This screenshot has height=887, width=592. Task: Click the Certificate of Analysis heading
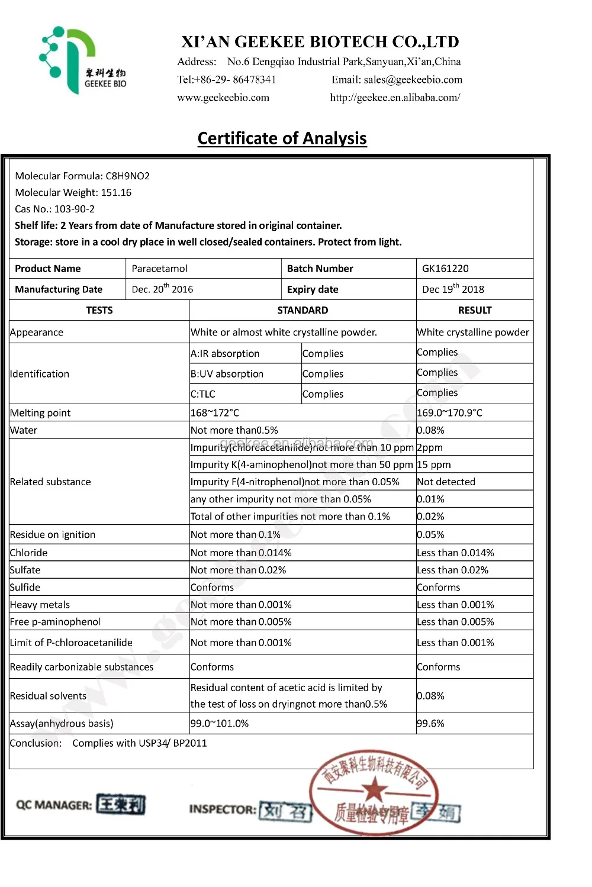click(282, 138)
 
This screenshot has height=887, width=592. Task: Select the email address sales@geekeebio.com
click(413, 80)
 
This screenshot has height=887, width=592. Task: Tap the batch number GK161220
click(445, 269)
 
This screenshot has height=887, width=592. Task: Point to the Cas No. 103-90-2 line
click(55, 209)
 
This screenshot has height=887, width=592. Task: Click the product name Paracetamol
click(159, 269)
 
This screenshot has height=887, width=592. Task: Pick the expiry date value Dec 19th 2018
click(453, 289)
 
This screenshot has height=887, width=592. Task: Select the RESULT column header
click(474, 310)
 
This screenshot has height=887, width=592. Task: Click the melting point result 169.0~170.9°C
click(449, 413)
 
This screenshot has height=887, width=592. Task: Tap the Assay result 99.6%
click(430, 723)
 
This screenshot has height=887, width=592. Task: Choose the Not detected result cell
click(446, 482)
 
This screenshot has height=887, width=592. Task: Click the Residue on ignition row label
click(53, 534)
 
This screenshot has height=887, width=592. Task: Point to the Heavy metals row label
click(40, 605)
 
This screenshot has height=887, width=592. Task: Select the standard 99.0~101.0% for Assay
click(220, 723)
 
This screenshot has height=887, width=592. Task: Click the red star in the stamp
click(374, 789)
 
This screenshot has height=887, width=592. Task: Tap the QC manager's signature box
click(121, 805)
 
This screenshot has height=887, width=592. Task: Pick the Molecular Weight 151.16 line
click(73, 192)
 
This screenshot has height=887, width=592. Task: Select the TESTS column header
click(99, 310)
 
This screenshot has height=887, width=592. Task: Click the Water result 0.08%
click(430, 430)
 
